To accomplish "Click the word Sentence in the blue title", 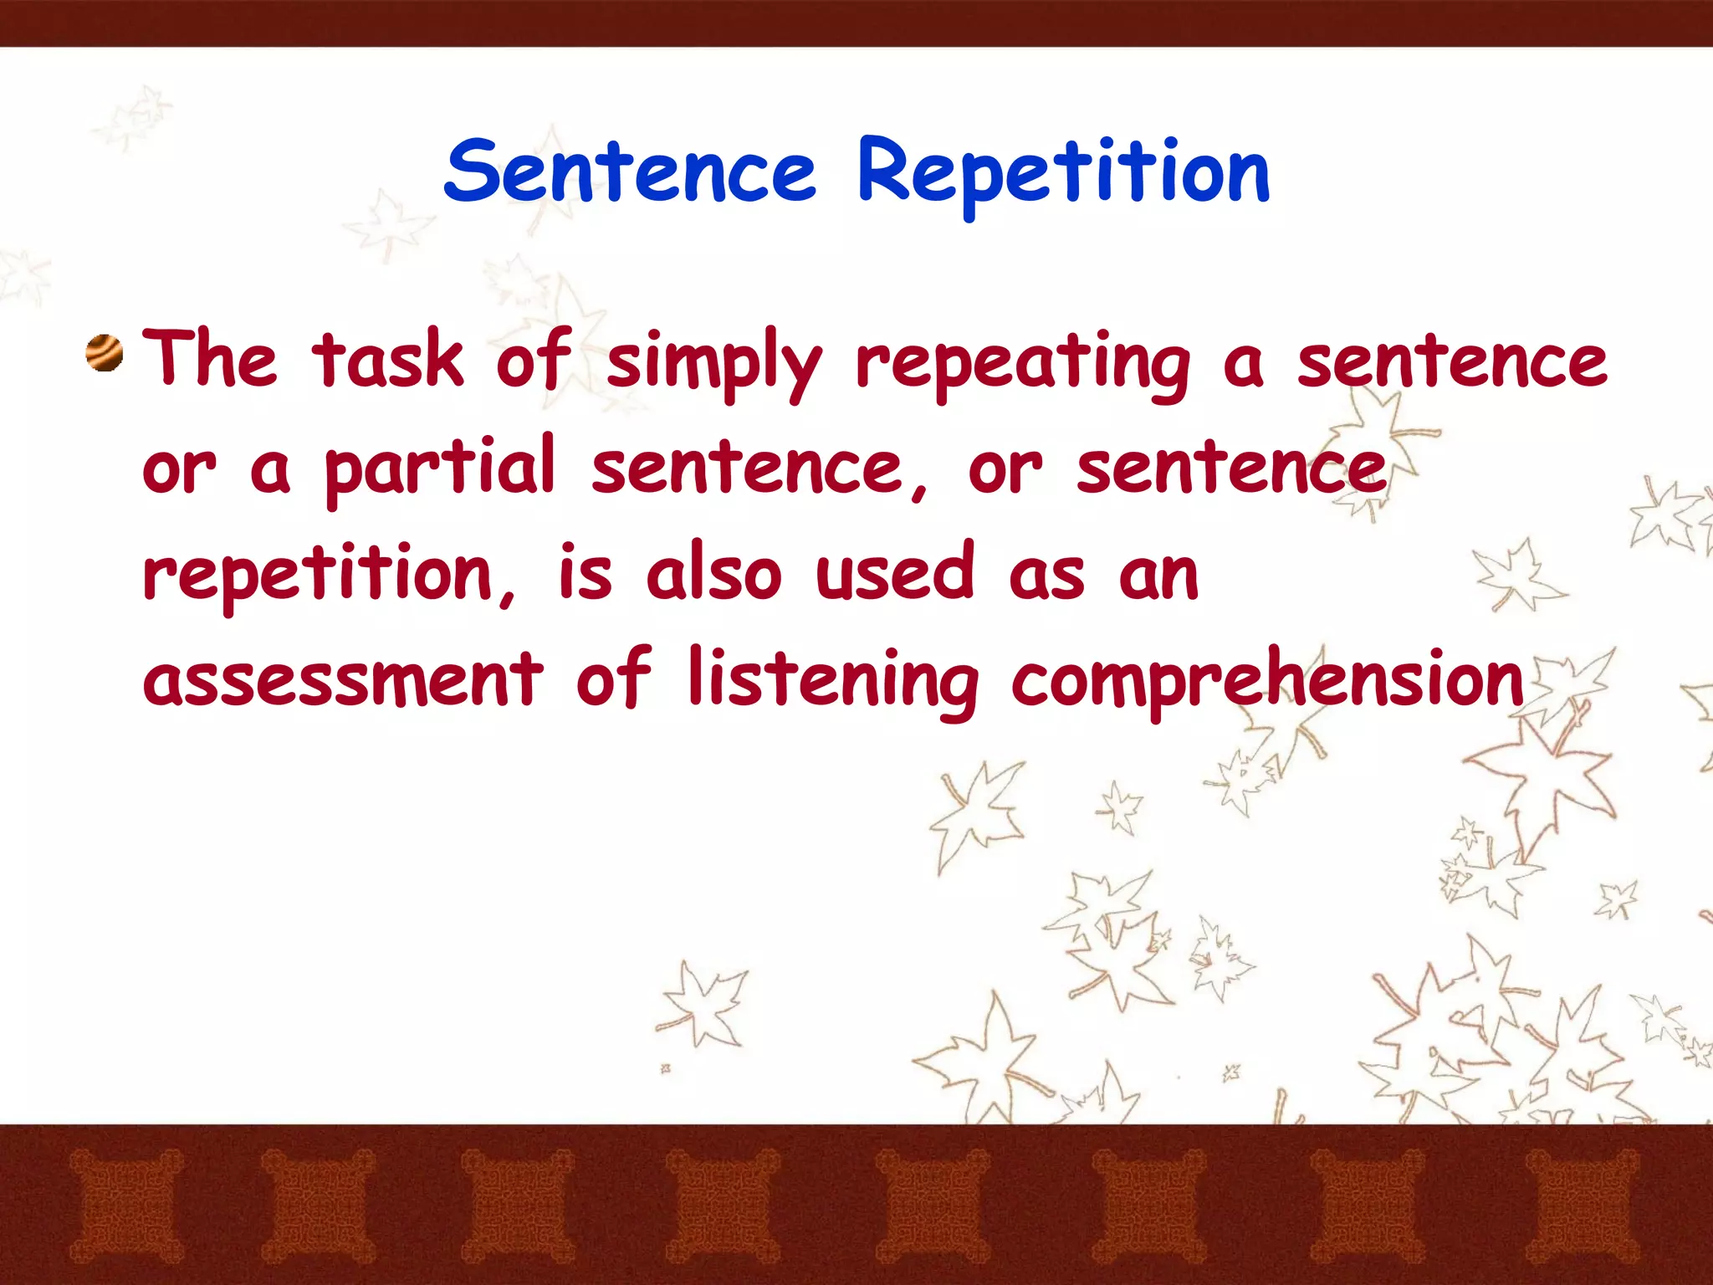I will pyautogui.click(x=629, y=172).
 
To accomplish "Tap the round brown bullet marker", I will pyautogui.click(x=105, y=354).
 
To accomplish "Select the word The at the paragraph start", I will pyautogui.click(x=209, y=360).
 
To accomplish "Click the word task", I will pyautogui.click(x=387, y=360).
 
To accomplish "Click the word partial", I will pyautogui.click(x=439, y=468).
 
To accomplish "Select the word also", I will pyautogui.click(x=713, y=573).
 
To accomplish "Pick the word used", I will pyautogui.click(x=895, y=573).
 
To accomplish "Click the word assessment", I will pyautogui.click(x=343, y=679).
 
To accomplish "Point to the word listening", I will pyautogui.click(x=832, y=682).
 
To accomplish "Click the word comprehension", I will pyautogui.click(x=1267, y=682).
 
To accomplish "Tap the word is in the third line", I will pyautogui.click(x=585, y=573).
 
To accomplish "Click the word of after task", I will pyautogui.click(x=534, y=360).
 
